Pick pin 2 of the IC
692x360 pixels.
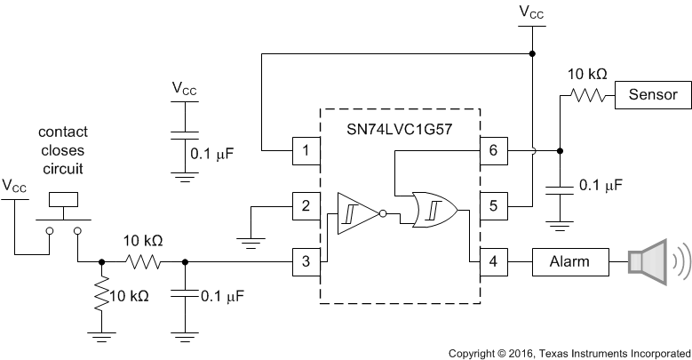tap(306, 207)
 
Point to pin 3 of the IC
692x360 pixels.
tap(306, 261)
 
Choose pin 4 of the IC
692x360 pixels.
tap(494, 261)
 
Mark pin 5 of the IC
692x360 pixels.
tap(494, 207)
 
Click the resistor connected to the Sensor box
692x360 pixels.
tap(587, 94)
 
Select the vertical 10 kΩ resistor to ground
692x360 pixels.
tap(102, 295)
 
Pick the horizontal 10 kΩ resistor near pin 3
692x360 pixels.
tap(143, 261)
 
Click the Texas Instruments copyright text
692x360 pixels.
tap(569, 352)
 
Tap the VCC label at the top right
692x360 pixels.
tap(532, 12)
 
